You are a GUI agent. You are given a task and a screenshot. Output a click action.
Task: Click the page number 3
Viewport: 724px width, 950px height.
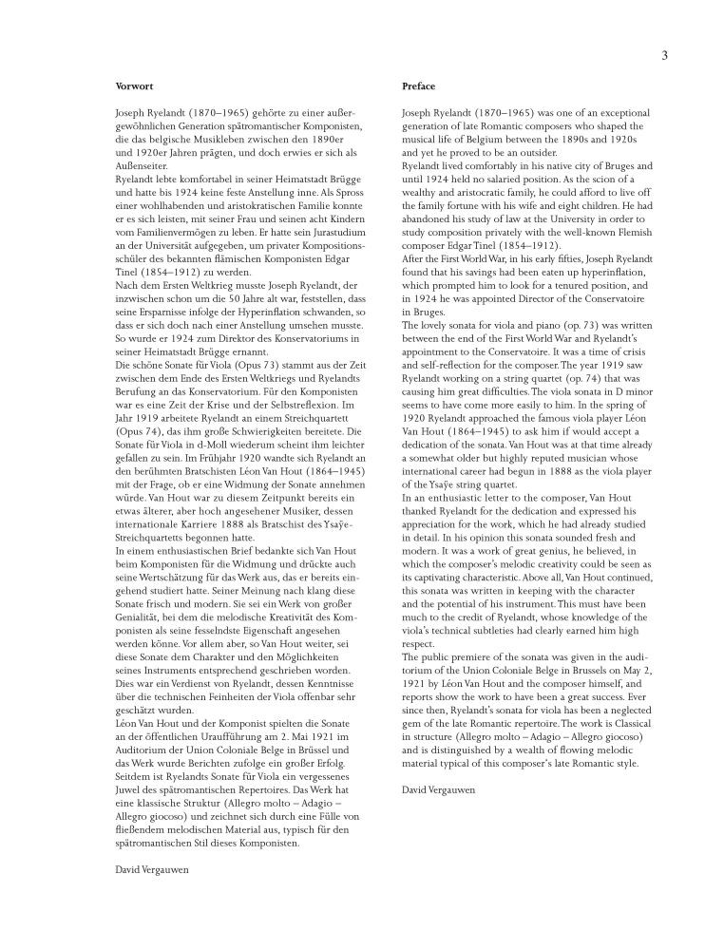coord(664,55)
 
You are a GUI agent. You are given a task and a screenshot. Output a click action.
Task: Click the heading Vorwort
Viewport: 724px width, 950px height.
coord(130,85)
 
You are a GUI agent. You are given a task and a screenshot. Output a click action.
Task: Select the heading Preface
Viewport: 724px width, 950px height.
coord(419,85)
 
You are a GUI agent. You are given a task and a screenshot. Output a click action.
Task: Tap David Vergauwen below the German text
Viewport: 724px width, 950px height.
coord(151,868)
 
